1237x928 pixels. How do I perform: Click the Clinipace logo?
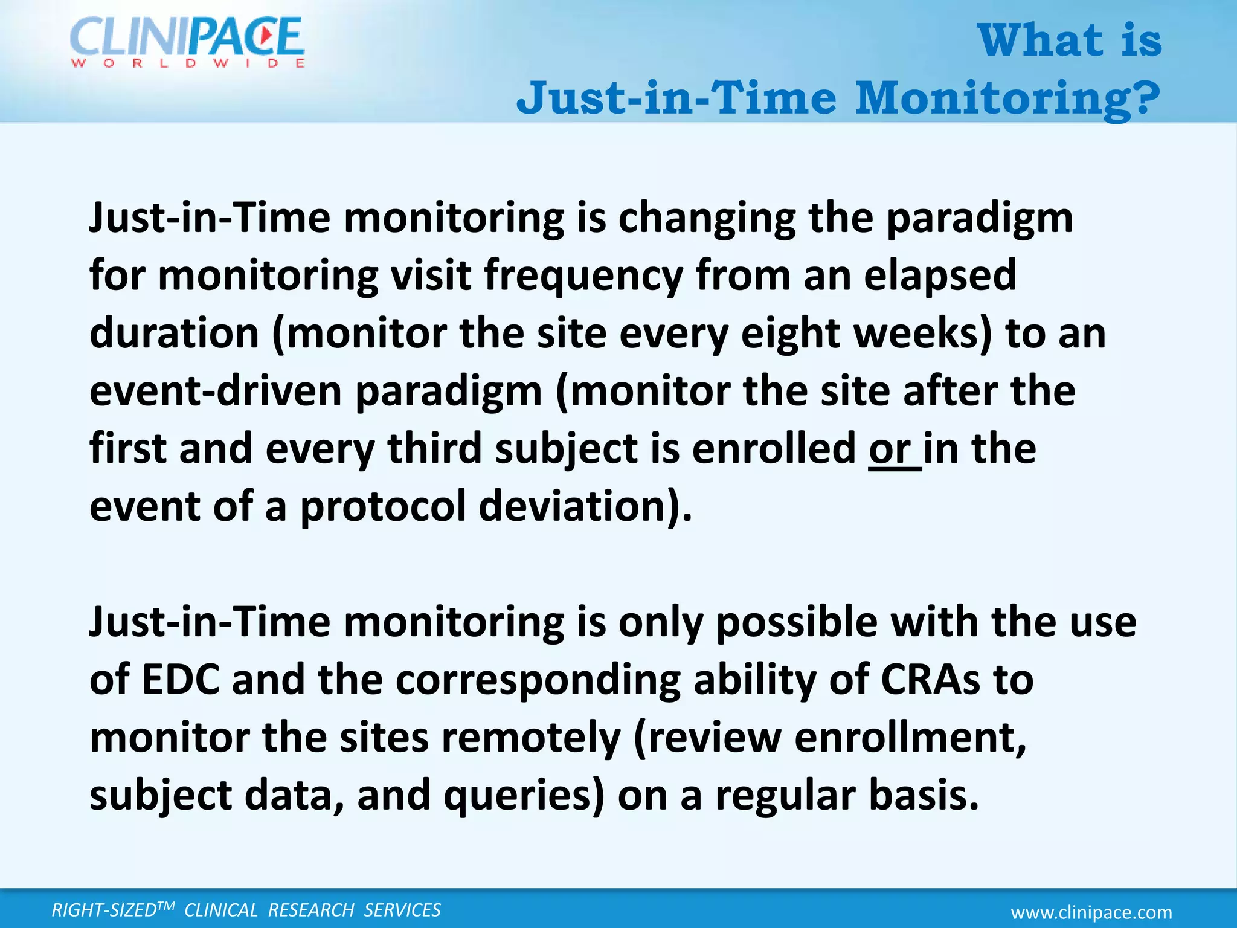pos(187,42)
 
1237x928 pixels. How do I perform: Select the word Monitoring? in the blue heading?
pos(1007,98)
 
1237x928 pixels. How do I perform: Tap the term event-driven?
pos(216,391)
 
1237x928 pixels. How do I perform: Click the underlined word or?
pos(891,450)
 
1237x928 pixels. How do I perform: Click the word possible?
pos(796,623)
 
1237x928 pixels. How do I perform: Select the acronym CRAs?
pos(930,680)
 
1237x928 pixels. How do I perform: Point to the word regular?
pos(785,796)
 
